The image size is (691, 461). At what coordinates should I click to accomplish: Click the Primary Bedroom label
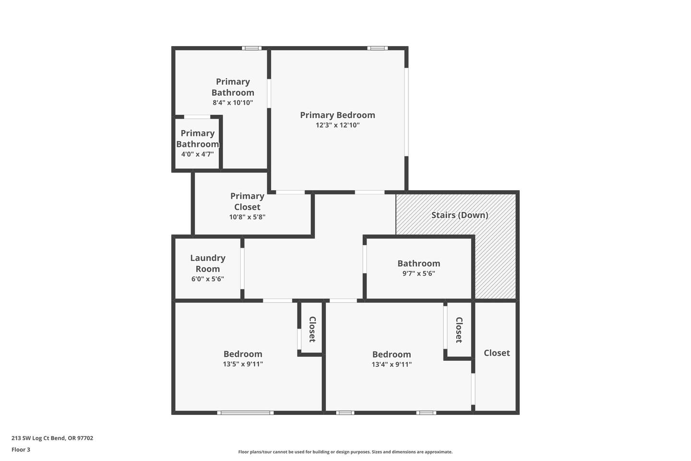pyautogui.click(x=337, y=115)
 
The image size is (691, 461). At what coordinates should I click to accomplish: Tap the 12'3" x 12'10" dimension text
pyautogui.click(x=337, y=125)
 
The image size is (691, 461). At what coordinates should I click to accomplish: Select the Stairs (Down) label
pyautogui.click(x=460, y=215)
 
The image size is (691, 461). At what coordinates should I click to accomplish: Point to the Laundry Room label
pyautogui.click(x=208, y=263)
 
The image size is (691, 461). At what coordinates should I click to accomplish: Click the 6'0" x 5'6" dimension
pyautogui.click(x=208, y=279)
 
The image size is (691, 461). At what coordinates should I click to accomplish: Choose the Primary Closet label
pyautogui.click(x=247, y=201)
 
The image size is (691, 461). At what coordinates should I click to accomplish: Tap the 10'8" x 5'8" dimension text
pyautogui.click(x=247, y=217)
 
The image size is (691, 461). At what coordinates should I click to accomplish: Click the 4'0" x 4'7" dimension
pyautogui.click(x=197, y=155)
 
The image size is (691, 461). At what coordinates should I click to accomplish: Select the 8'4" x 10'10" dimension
pyautogui.click(x=233, y=102)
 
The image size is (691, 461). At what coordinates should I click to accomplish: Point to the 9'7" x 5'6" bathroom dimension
pyautogui.click(x=418, y=274)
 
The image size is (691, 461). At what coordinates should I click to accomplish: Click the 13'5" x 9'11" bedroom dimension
pyautogui.click(x=243, y=364)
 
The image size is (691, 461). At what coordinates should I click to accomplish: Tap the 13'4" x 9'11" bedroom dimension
pyautogui.click(x=392, y=364)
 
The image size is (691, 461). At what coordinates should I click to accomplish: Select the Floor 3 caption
pyautogui.click(x=21, y=449)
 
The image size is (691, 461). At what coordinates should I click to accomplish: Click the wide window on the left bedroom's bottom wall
pyautogui.click(x=245, y=413)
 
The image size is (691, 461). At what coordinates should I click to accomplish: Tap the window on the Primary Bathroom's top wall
pyautogui.click(x=251, y=48)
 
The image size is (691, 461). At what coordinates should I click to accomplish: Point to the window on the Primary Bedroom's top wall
pyautogui.click(x=377, y=48)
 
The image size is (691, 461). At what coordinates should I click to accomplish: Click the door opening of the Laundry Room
pyautogui.click(x=242, y=268)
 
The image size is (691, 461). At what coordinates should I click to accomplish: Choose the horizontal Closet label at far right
pyautogui.click(x=497, y=353)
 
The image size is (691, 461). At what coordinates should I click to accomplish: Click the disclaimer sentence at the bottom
pyautogui.click(x=345, y=452)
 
